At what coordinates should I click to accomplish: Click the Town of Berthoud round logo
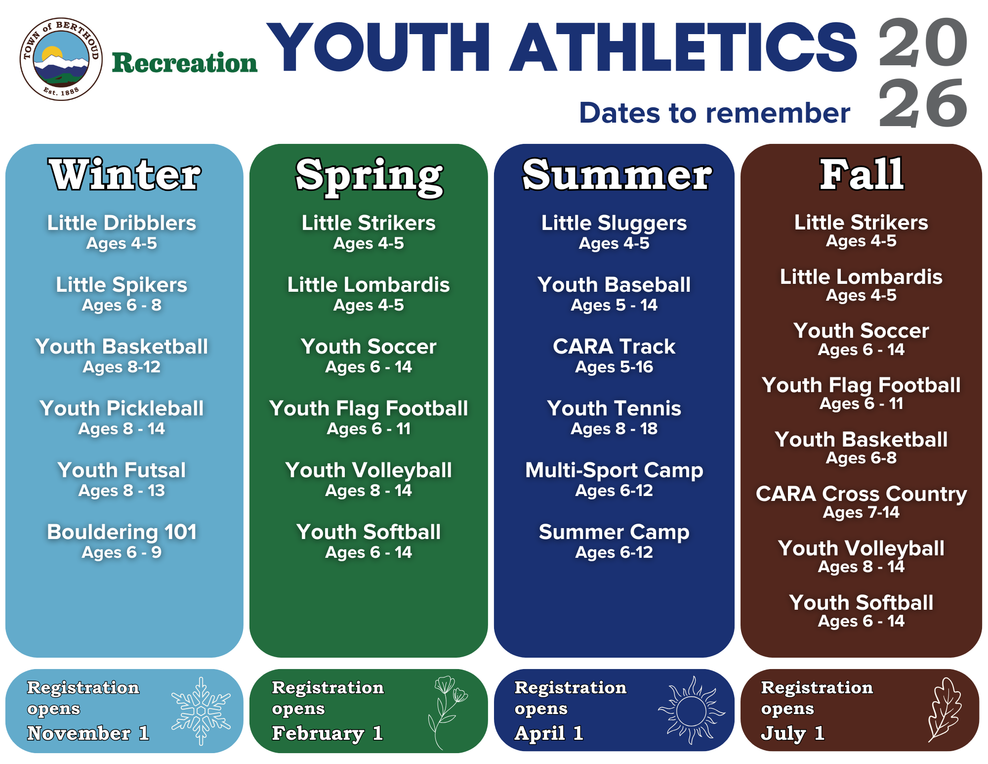61,59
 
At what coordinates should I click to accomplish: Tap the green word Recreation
184,63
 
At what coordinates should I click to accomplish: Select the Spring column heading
369,176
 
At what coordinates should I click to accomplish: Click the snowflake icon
201,711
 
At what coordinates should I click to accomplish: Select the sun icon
691,711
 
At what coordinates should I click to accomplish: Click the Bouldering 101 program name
122,532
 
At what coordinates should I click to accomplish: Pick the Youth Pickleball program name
122,408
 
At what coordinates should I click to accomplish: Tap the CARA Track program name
614,347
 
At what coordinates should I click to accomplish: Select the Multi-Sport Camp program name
614,470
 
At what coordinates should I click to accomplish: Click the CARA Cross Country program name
861,494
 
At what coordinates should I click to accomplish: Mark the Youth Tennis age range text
614,429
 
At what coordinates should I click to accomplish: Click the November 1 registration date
88,733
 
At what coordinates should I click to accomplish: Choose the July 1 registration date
792,733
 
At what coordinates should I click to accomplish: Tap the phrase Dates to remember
714,113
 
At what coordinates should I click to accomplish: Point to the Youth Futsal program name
122,470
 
